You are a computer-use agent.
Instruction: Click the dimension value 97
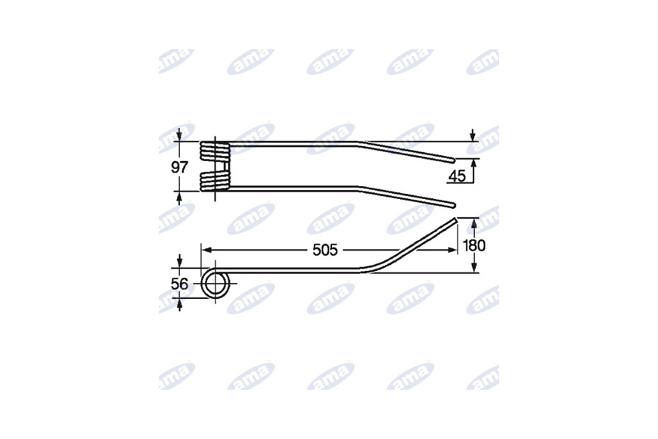point(179,167)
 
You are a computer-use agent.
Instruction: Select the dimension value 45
point(457,176)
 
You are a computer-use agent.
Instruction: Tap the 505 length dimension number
point(324,250)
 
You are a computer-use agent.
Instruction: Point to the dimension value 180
point(473,245)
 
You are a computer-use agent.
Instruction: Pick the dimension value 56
point(179,284)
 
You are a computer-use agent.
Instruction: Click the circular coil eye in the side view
point(216,284)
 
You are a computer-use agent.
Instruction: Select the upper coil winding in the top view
point(215,151)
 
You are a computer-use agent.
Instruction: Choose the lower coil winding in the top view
point(215,182)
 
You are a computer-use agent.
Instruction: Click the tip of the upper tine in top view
point(453,160)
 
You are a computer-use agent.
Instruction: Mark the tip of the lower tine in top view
point(453,205)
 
